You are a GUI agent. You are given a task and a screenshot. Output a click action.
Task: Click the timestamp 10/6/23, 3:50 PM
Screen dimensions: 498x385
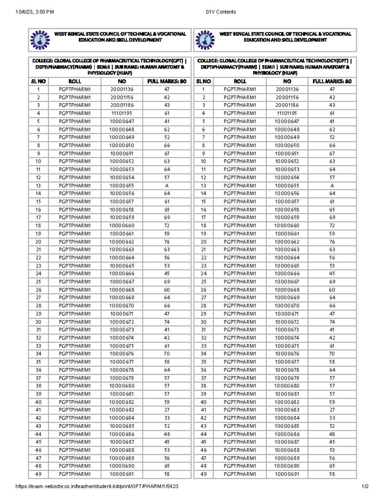35,12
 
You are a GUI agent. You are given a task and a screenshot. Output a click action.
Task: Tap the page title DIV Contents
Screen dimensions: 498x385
221,12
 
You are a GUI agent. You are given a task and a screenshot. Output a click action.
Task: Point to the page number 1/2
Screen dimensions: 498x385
365,486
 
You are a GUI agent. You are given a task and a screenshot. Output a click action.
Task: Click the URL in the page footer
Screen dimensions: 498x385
97,486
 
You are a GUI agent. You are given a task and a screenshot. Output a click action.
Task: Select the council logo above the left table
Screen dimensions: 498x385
40,40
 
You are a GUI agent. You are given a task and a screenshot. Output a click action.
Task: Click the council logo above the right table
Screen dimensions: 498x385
205,40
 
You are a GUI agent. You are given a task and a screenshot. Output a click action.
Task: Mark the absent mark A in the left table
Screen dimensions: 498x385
167,186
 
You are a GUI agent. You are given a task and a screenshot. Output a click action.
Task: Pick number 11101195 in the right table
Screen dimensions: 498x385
287,113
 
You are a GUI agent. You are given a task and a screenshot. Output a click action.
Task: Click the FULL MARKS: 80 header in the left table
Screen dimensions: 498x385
167,81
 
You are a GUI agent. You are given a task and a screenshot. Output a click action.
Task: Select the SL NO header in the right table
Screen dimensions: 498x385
203,81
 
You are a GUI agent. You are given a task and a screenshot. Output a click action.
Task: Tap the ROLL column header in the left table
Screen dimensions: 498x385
75,81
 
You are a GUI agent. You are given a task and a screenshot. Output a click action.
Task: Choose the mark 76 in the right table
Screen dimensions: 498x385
332,242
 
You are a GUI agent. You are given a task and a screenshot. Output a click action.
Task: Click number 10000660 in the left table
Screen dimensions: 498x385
122,226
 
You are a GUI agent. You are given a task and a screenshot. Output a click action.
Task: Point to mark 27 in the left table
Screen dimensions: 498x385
167,410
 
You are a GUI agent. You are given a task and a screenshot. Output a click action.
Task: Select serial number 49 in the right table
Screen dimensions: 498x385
203,474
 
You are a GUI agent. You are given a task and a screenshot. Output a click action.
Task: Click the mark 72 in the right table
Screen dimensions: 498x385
332,226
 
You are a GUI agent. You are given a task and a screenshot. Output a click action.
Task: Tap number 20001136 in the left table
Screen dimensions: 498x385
122,89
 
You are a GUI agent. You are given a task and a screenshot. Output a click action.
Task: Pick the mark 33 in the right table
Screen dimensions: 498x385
332,418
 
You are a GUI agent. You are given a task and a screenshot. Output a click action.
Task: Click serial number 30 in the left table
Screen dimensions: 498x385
38,322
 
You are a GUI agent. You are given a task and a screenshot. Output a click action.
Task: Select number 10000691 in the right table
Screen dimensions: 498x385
287,474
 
